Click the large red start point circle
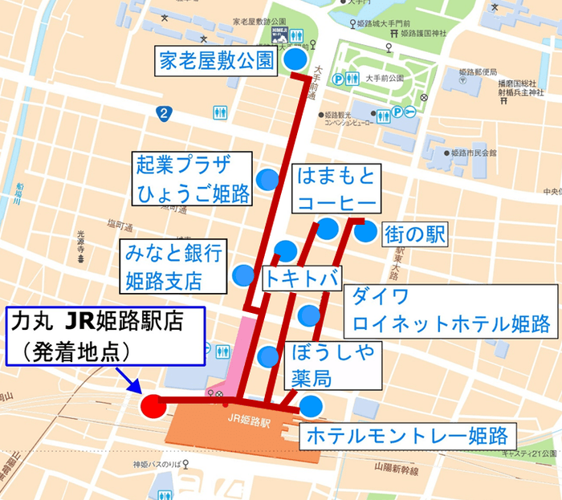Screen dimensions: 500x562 (x=153, y=405)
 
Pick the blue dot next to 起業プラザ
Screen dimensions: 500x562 (x=267, y=178)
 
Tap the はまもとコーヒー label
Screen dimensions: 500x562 (x=336, y=189)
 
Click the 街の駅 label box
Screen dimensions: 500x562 (x=414, y=234)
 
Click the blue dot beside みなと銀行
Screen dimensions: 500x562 (x=242, y=275)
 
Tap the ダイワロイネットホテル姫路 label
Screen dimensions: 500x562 (x=449, y=310)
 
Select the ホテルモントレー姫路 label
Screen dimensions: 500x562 (x=407, y=437)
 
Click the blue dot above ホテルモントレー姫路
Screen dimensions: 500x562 (x=311, y=407)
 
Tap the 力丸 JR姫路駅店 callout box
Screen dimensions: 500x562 (x=107, y=335)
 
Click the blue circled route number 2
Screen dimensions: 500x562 (x=165, y=113)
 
